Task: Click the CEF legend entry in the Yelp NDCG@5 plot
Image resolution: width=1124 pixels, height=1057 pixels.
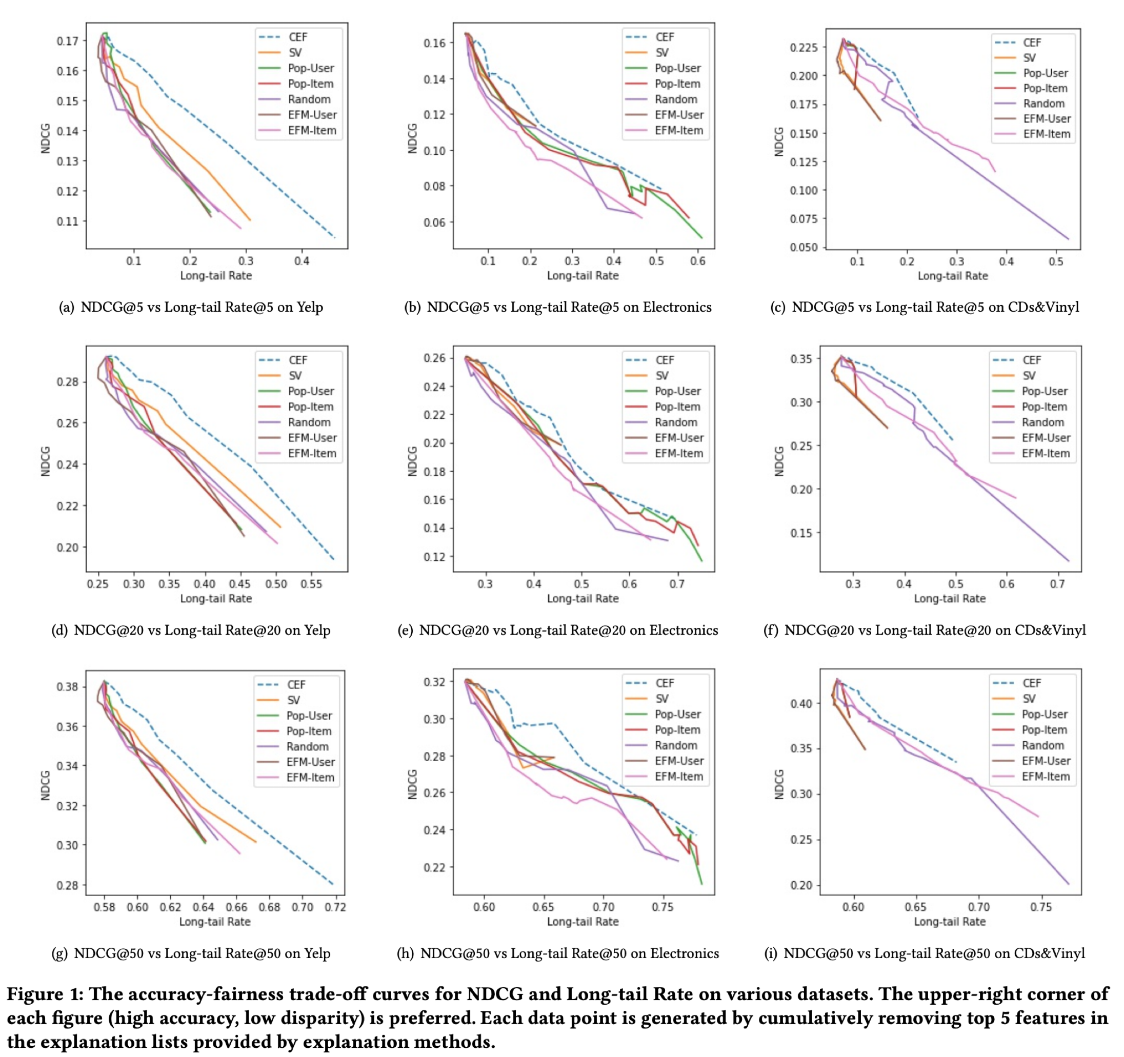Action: point(297,37)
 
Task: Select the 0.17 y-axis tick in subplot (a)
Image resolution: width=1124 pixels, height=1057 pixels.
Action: point(67,40)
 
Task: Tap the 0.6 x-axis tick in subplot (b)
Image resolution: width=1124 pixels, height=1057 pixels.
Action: point(698,260)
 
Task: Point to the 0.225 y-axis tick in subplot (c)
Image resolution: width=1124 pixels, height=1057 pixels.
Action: point(804,47)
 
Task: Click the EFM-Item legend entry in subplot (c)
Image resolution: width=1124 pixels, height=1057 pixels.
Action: point(1046,134)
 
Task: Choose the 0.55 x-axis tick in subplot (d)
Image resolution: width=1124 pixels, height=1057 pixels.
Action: point(312,583)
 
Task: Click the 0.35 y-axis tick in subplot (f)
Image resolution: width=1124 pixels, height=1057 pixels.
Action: point(802,358)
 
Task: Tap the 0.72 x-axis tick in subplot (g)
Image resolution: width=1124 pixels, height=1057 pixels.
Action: point(335,907)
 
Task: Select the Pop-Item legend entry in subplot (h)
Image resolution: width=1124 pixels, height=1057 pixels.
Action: point(677,730)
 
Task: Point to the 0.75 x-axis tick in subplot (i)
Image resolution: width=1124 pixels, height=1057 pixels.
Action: point(1041,907)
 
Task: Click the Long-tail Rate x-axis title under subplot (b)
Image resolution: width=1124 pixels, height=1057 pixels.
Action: point(583,276)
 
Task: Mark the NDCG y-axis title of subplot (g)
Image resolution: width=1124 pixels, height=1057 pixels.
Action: point(46,785)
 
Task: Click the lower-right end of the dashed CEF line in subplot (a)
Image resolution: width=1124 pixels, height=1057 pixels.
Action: point(335,237)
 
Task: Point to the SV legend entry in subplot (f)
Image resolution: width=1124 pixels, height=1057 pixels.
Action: point(1029,375)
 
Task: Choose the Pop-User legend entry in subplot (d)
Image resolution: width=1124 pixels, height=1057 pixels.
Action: point(310,391)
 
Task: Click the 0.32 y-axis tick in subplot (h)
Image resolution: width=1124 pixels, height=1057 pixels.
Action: point(434,682)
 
